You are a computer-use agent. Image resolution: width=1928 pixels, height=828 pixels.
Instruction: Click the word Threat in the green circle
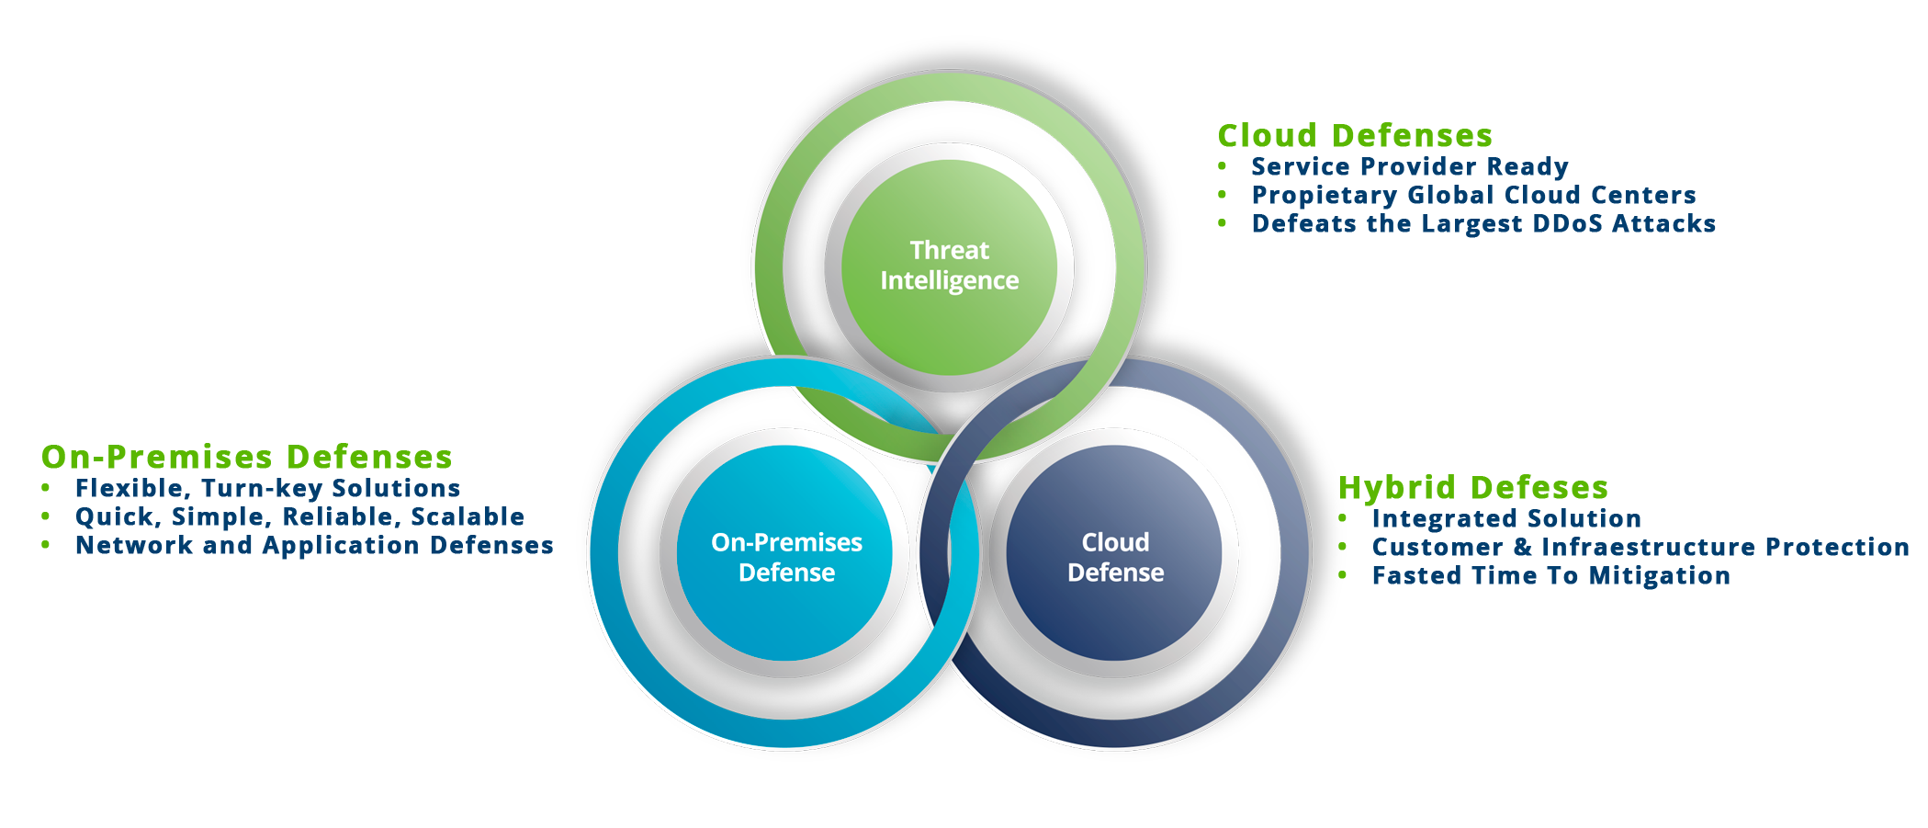[x=949, y=250]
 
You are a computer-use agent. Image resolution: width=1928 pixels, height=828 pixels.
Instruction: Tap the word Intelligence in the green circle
[x=949, y=280]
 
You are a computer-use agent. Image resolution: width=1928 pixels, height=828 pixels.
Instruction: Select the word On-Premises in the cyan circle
[x=786, y=542]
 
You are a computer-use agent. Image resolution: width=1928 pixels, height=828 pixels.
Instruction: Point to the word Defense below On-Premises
[x=786, y=573]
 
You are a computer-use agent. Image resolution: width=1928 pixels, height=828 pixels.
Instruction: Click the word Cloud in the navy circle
[x=1115, y=542]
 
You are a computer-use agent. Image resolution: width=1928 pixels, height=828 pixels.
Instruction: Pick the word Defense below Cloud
[x=1115, y=573]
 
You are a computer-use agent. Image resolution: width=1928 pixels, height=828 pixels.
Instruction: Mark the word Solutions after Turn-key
[x=395, y=492]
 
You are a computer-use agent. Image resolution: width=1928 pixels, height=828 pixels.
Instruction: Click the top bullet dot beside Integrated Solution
[x=1343, y=520]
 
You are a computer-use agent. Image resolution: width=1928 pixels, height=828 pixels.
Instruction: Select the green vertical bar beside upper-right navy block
[x=1235, y=225]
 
